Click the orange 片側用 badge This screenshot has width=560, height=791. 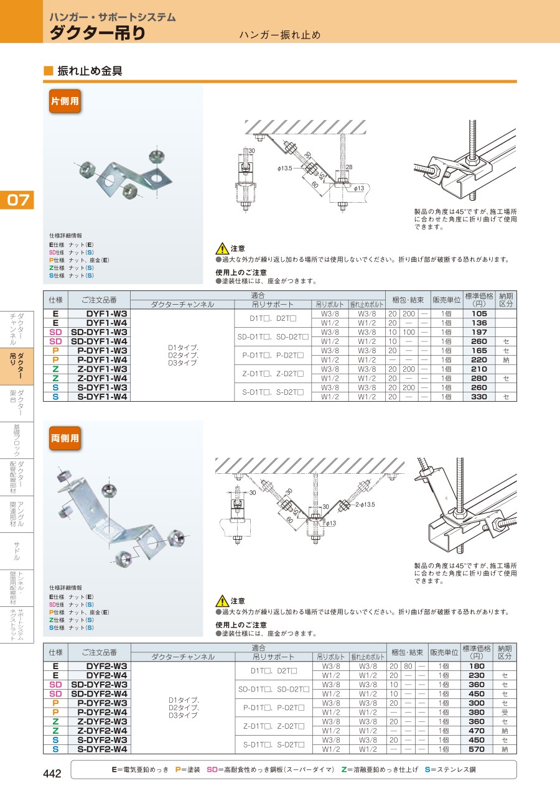65,101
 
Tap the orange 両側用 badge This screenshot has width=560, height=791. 65,438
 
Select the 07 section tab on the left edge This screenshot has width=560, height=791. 17,200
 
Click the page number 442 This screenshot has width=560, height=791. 52,774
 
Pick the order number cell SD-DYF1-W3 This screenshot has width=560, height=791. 99,332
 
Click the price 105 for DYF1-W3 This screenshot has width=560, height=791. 479,313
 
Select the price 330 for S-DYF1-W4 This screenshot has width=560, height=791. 479,397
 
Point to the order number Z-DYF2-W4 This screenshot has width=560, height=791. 102,731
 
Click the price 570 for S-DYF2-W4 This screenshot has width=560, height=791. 477,749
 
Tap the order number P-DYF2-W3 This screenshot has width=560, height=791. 102,703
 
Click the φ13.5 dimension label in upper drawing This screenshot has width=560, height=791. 285,169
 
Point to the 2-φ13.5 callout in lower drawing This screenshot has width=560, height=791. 365,504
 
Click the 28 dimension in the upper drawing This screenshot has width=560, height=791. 348,167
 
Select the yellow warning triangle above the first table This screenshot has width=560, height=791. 222,249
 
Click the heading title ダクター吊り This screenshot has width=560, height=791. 98,32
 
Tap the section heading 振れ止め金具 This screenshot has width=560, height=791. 90,71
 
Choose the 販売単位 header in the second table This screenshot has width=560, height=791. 444,652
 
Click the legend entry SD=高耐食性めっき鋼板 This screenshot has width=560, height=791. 270,769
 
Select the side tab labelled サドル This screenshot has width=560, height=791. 17,551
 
